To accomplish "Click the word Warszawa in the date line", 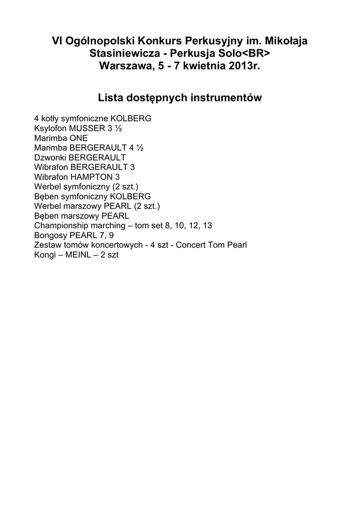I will coord(127,66).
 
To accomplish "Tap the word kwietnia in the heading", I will coord(205,66).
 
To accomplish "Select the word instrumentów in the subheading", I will coord(227,98).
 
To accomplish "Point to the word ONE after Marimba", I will coord(79,138).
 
